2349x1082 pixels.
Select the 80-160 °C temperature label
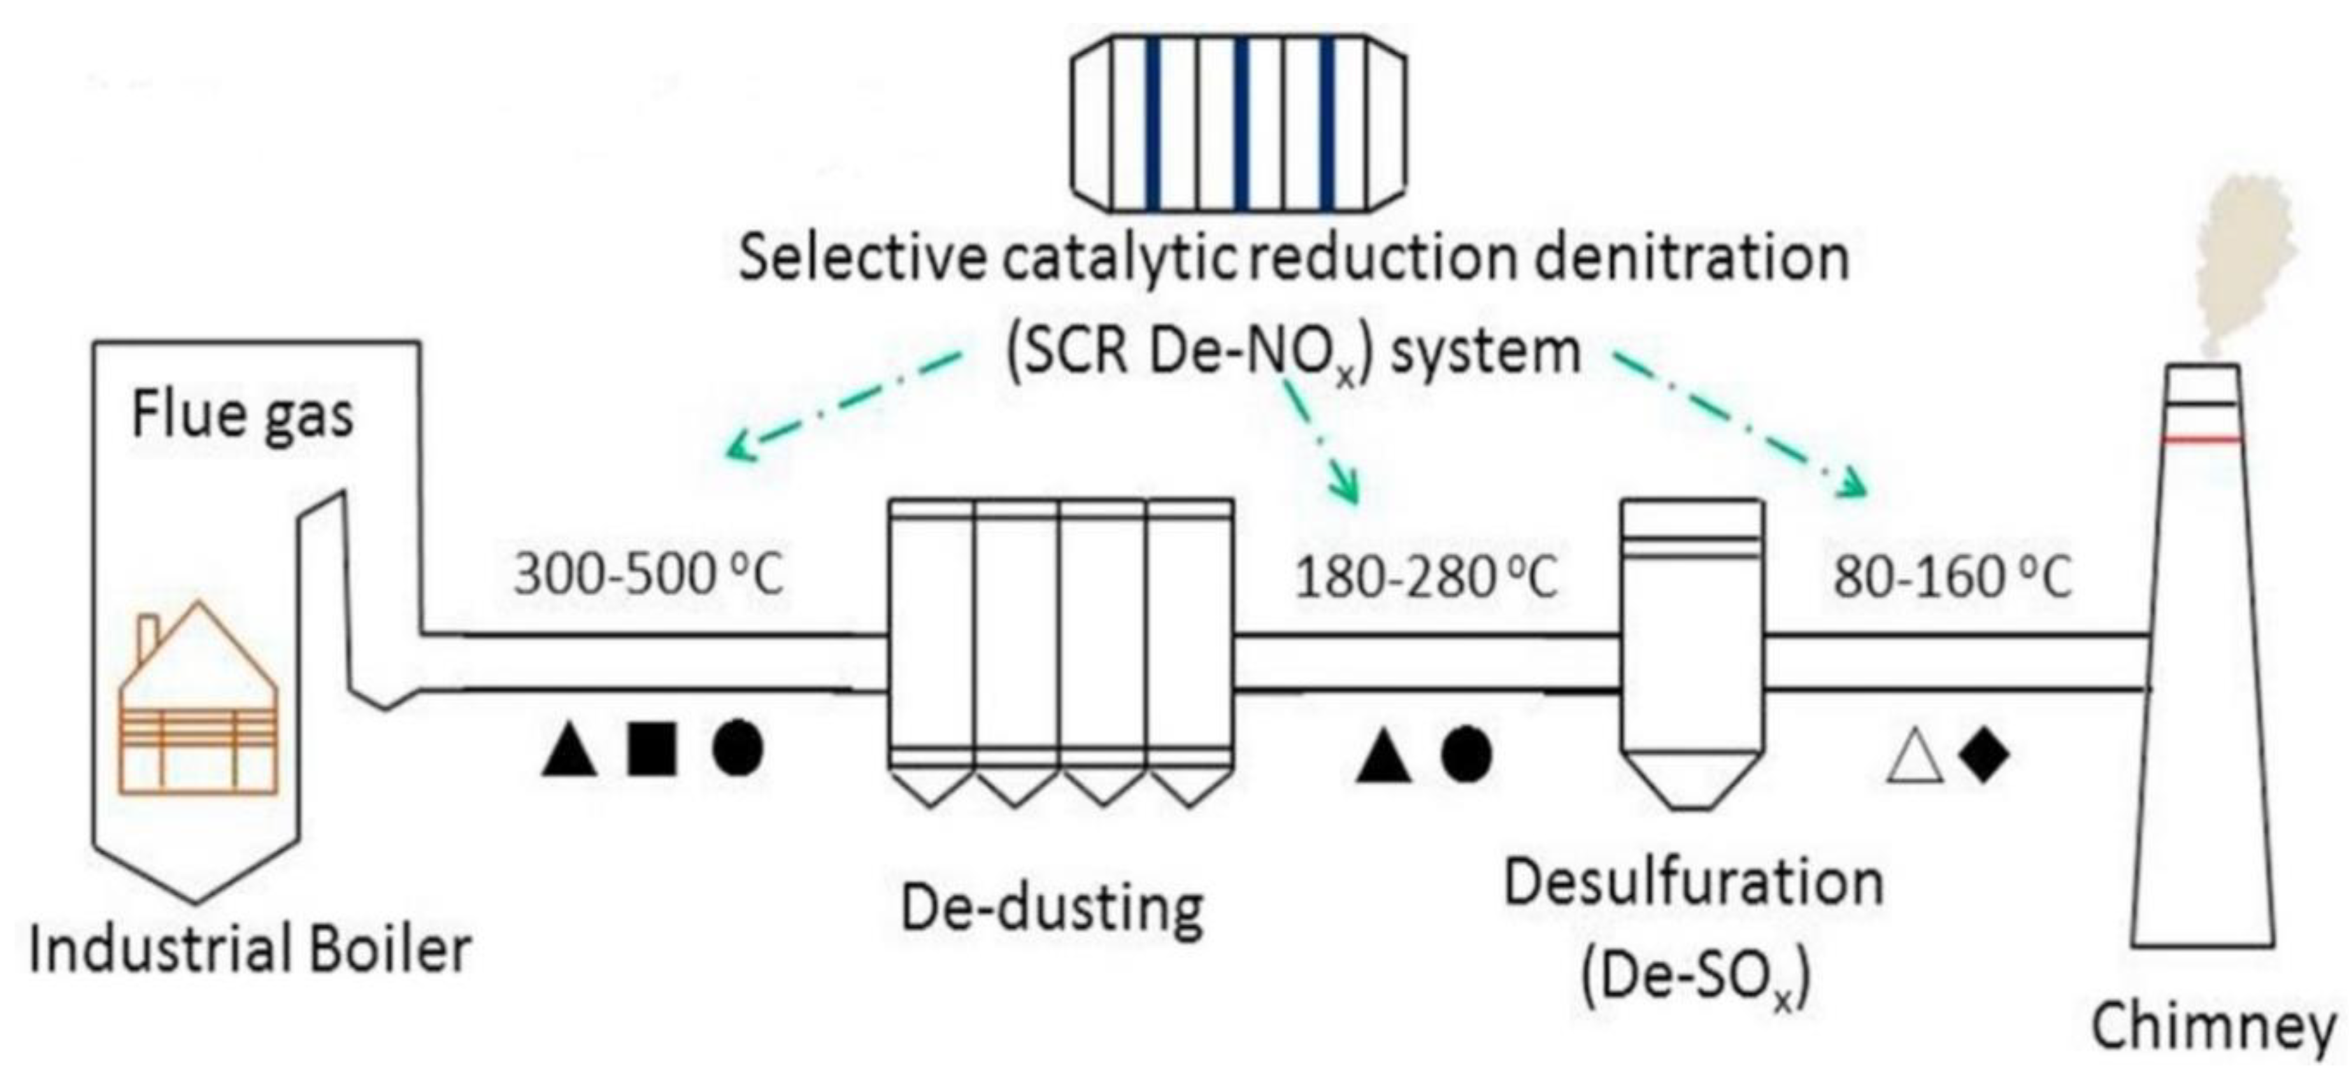click(x=1952, y=578)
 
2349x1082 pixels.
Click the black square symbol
click(x=652, y=750)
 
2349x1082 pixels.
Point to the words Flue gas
click(x=243, y=416)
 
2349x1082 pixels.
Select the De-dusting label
click(x=1052, y=909)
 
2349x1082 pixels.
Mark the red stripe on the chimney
click(x=2201, y=439)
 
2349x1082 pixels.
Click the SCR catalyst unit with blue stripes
click(x=1238, y=122)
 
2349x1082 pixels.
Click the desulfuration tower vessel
click(x=1692, y=647)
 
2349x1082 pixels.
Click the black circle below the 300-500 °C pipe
click(x=738, y=750)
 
